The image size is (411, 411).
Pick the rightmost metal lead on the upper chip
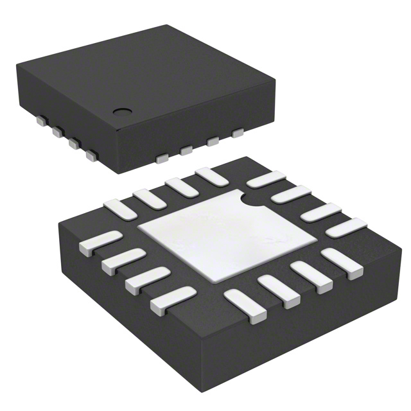[x=239, y=134]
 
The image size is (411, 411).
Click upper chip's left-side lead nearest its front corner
[x=92, y=155]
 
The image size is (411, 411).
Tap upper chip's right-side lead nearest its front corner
[x=163, y=157]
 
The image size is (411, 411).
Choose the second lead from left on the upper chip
[x=57, y=132]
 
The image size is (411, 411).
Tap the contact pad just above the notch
[x=265, y=180]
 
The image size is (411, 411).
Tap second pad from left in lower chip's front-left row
[x=118, y=262]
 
